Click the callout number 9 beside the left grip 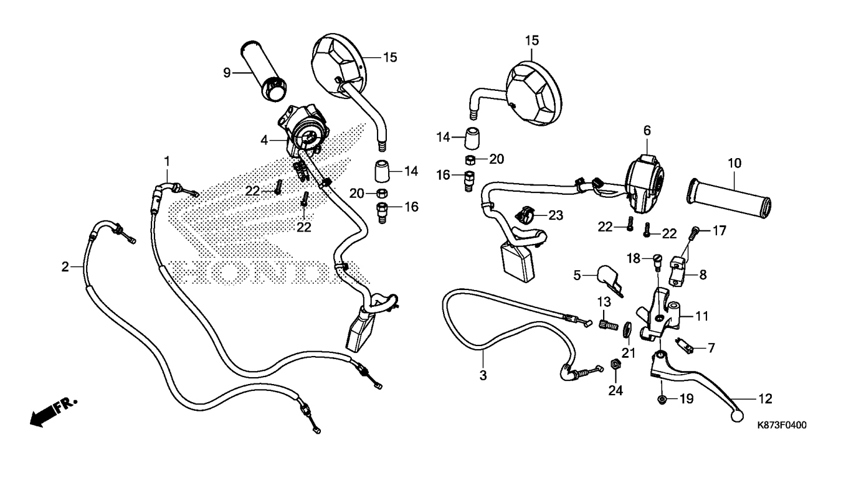pyautogui.click(x=227, y=73)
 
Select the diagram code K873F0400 pyautogui.click(x=782, y=426)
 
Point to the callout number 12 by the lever pyautogui.click(x=765, y=398)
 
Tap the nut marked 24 pyautogui.click(x=614, y=363)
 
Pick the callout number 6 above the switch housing pyautogui.click(x=647, y=131)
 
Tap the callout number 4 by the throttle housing pyautogui.click(x=265, y=141)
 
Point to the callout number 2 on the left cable pyautogui.click(x=65, y=267)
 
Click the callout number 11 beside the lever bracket pyautogui.click(x=702, y=316)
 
